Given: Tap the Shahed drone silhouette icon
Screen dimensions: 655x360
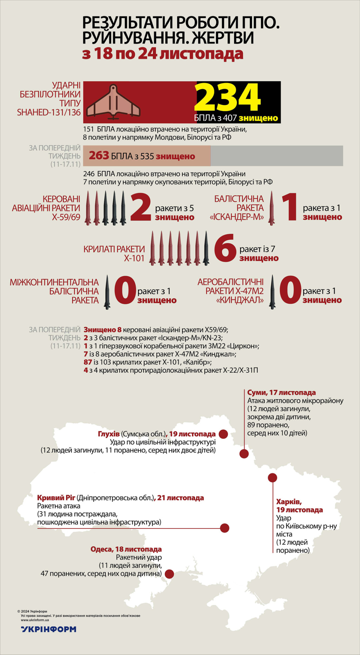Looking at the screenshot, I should pyautogui.click(x=113, y=102).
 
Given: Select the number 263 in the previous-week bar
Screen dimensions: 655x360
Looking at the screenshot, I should pyautogui.click(x=99, y=156).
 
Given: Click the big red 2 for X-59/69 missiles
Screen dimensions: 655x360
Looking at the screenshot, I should pyautogui.click(x=141, y=207).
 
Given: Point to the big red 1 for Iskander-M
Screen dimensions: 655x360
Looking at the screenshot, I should pyautogui.click(x=289, y=207).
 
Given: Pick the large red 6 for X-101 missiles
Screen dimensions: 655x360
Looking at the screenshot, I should pyautogui.click(x=225, y=249).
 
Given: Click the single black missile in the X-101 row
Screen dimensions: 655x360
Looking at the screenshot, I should pyautogui.click(x=206, y=248).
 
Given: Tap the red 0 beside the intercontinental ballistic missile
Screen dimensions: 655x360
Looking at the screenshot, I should pyautogui.click(x=125, y=291).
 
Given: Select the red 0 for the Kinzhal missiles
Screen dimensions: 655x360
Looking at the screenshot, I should pyautogui.click(x=290, y=290).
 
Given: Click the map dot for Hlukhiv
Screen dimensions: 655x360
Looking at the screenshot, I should pyautogui.click(x=223, y=434).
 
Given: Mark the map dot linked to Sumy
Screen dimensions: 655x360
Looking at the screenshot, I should pyautogui.click(x=244, y=453).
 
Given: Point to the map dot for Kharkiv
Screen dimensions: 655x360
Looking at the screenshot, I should pyautogui.click(x=272, y=478).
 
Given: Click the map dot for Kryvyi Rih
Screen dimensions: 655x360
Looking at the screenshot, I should pyautogui.click(x=225, y=528).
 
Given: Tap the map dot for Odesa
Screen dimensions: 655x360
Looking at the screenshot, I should pyautogui.click(x=169, y=574).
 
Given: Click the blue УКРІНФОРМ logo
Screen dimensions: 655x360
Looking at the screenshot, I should pyautogui.click(x=49, y=629).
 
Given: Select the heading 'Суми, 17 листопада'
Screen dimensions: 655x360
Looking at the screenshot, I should pyautogui.click(x=281, y=392).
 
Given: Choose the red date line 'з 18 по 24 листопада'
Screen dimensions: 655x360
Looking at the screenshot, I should pyautogui.click(x=163, y=54).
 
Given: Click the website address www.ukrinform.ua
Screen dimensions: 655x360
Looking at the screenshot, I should pyautogui.click(x=35, y=620).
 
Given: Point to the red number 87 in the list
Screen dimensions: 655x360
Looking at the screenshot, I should pyautogui.click(x=88, y=362).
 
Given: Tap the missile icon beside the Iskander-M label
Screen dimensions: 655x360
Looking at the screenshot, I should pyautogui.click(x=272, y=208).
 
